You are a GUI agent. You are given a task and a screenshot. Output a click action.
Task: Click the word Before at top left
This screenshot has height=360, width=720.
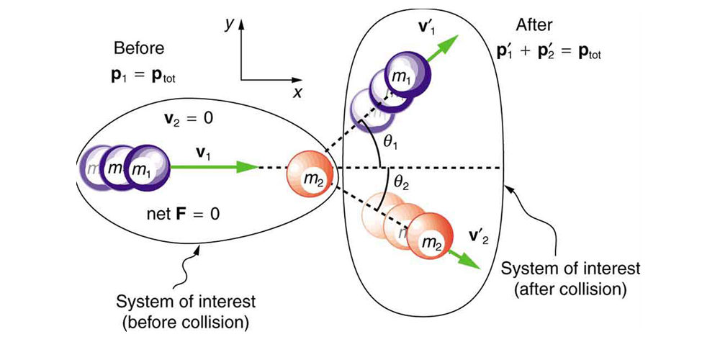(x=139, y=49)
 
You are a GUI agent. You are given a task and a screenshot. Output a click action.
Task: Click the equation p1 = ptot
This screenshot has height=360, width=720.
(x=139, y=73)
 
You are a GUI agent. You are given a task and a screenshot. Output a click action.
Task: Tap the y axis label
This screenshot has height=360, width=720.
(x=230, y=24)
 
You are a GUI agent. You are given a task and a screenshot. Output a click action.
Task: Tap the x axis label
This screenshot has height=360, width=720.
(x=297, y=93)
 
